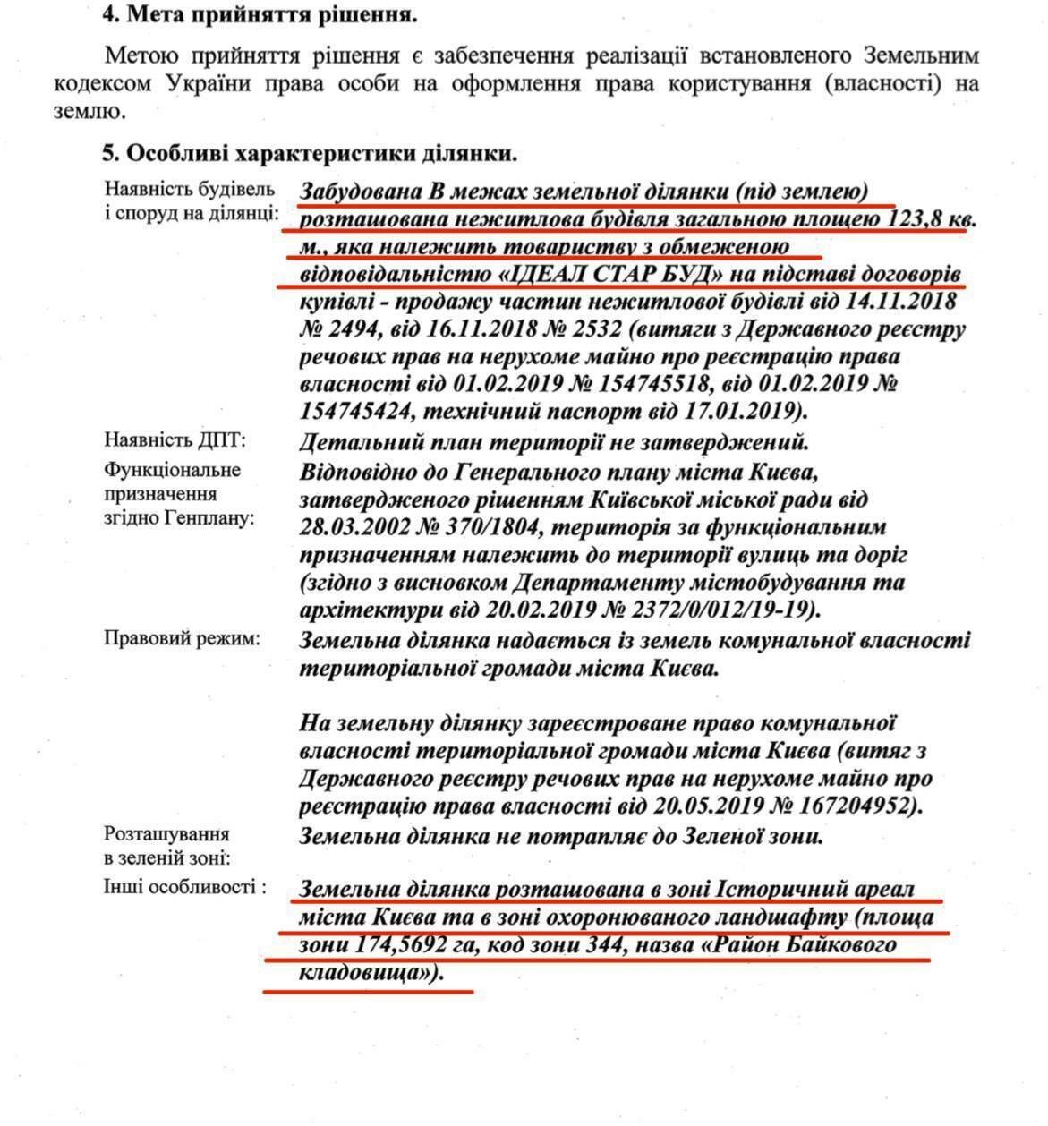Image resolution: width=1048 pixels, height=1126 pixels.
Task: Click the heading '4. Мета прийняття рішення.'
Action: (x=260, y=14)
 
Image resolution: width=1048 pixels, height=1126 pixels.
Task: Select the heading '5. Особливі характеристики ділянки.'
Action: (x=309, y=153)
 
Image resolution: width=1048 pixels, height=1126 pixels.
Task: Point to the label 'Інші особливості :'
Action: (x=186, y=888)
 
